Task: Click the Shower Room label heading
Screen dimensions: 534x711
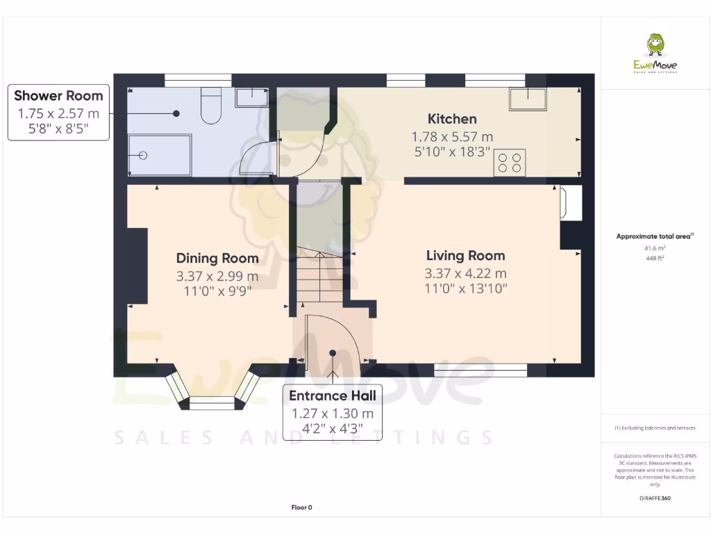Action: (x=58, y=96)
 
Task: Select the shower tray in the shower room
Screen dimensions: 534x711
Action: (x=159, y=155)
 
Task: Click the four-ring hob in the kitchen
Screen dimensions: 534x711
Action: (x=509, y=163)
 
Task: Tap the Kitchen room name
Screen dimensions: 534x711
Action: (x=452, y=119)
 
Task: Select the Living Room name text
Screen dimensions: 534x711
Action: (x=465, y=256)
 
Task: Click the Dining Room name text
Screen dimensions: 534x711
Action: (x=217, y=259)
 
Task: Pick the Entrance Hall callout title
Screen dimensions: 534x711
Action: (x=332, y=396)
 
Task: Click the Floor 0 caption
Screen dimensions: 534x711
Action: (x=301, y=508)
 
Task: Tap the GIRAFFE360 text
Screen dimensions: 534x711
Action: (x=655, y=499)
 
